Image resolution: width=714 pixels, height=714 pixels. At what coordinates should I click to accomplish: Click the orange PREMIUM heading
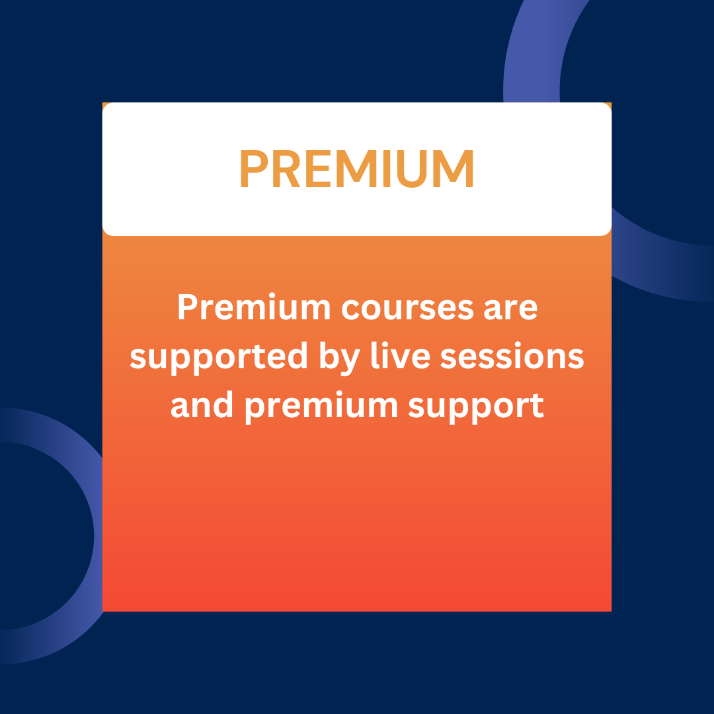coord(357,169)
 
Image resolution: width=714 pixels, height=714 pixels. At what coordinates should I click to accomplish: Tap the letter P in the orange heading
coord(254,169)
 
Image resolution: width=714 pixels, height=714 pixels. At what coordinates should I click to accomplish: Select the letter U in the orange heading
coord(412,169)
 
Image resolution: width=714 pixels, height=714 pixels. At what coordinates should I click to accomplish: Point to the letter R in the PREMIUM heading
coord(286,169)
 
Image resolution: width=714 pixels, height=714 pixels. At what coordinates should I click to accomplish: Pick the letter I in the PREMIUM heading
coord(387,169)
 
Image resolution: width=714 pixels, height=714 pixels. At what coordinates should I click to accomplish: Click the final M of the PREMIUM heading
coord(456,169)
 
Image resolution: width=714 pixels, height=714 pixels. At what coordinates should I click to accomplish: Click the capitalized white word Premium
coord(254,307)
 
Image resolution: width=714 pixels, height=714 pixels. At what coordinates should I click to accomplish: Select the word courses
coord(407,309)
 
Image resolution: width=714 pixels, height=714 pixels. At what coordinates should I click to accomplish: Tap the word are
coord(511,309)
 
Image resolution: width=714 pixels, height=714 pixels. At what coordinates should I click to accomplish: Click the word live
coord(401,355)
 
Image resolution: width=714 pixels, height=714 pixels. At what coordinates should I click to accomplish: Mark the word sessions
coord(512,355)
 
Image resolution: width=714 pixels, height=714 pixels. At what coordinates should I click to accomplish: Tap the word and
coord(202,405)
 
